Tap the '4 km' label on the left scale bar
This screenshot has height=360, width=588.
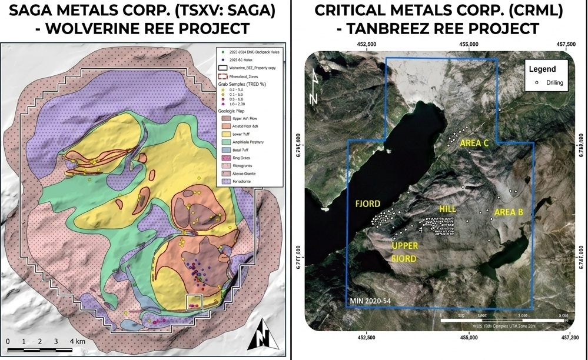click(x=77, y=341)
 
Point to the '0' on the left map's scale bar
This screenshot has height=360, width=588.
click(x=8, y=341)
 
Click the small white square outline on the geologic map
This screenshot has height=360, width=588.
click(x=194, y=302)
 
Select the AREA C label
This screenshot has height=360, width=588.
click(x=474, y=143)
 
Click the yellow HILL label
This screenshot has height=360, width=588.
click(x=448, y=209)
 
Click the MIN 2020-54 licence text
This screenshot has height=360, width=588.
click(x=369, y=302)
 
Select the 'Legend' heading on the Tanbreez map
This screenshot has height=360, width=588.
click(x=542, y=69)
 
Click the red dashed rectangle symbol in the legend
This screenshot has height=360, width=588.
click(x=222, y=76)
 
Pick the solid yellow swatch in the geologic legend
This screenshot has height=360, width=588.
click(x=222, y=134)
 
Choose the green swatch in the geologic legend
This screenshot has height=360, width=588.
click(x=222, y=142)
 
